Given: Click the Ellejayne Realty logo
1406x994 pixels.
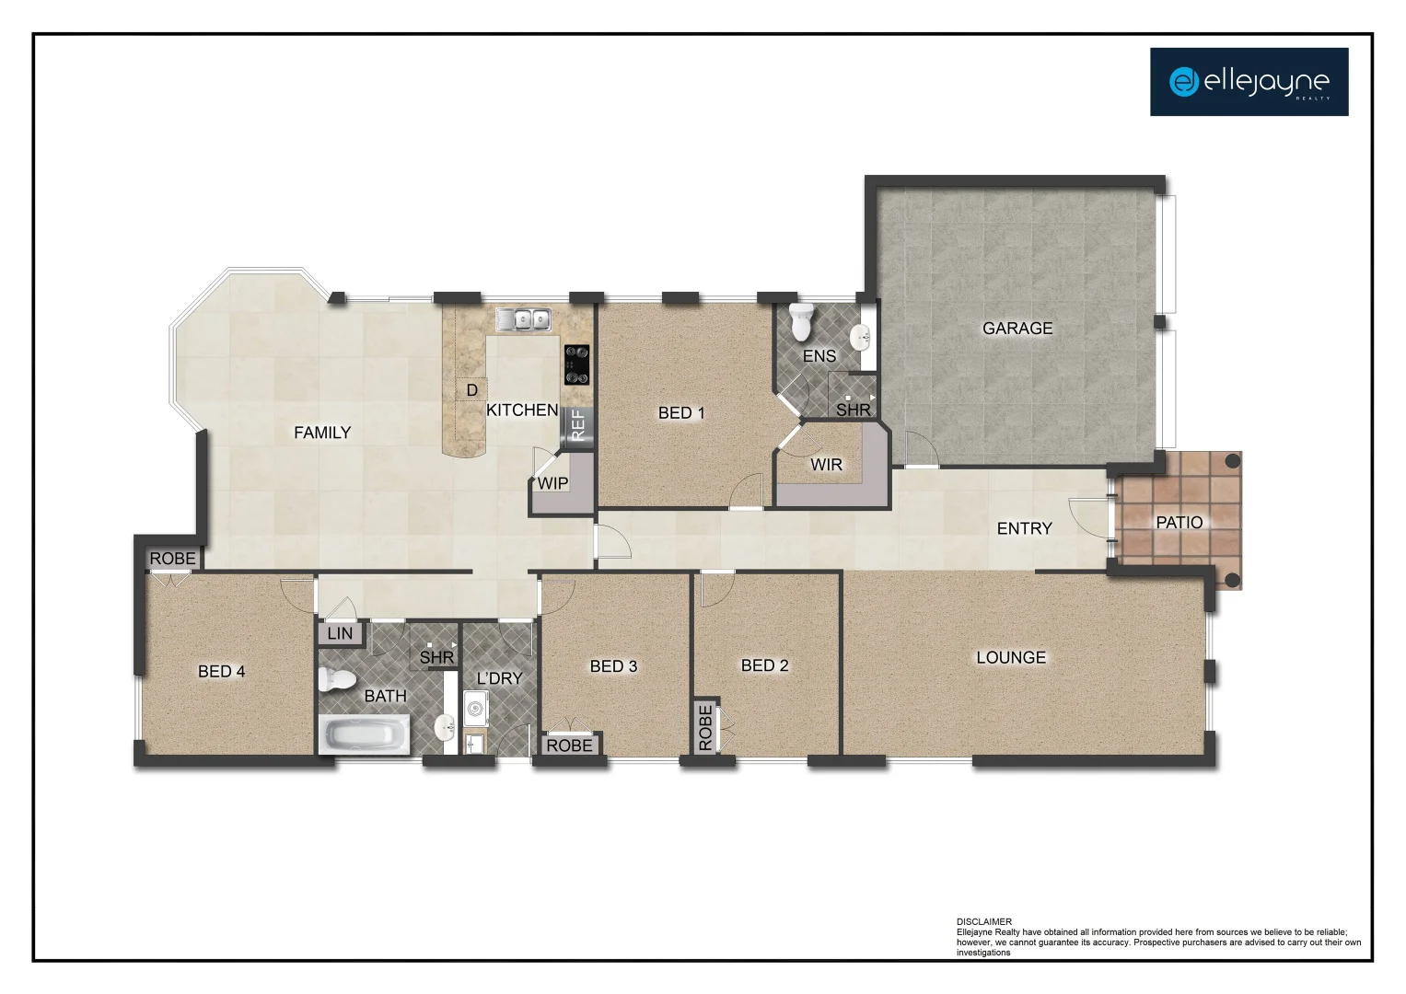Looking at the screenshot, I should click(1249, 82).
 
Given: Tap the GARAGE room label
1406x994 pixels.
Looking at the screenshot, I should click(1017, 328).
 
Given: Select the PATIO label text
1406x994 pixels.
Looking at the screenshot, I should click(1179, 522).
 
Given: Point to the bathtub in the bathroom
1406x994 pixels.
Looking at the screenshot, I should click(365, 736).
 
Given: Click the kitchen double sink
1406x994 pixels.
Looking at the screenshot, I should click(523, 319).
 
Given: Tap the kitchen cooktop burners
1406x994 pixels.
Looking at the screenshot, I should click(577, 364).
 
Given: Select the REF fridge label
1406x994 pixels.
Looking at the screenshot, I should click(577, 424).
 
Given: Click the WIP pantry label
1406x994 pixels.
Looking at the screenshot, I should click(552, 483).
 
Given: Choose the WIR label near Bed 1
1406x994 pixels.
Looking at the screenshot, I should click(826, 465).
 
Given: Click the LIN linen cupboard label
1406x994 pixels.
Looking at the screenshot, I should click(340, 633).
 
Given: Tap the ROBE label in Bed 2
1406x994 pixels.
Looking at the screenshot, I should click(705, 727).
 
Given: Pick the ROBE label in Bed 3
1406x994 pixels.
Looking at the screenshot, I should click(569, 745).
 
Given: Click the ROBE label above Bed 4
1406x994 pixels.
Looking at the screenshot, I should click(172, 559).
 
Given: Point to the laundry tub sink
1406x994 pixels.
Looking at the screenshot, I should click(475, 710).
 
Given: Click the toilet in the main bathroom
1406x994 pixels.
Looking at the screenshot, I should click(336, 680).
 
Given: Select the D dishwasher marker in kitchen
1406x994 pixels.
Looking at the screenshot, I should click(471, 390).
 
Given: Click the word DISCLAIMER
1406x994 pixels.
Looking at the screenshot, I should click(983, 921).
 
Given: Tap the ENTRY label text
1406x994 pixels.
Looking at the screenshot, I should click(1024, 528).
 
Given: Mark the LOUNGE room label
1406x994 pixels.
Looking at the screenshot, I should click(1010, 657).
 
